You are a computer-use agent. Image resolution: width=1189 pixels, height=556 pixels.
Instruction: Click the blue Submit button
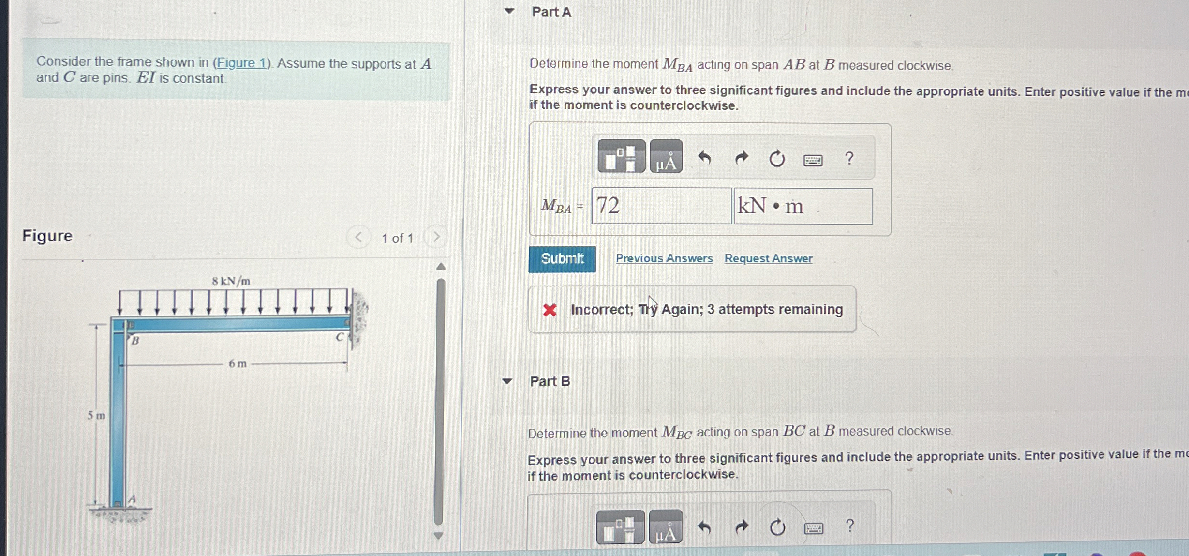[x=562, y=259]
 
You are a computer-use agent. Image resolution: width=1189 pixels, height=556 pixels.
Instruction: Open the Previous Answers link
[x=664, y=258]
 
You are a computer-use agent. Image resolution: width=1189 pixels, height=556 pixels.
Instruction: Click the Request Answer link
[x=768, y=258]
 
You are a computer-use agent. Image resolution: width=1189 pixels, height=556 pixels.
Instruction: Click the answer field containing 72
[x=661, y=206]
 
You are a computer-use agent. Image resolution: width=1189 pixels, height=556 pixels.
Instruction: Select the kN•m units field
[x=803, y=206]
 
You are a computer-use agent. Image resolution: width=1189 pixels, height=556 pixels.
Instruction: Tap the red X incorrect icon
[x=550, y=310]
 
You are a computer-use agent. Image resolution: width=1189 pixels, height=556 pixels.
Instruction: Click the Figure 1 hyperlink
[x=241, y=63]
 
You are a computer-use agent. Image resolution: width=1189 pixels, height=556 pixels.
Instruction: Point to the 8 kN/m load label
[x=231, y=281]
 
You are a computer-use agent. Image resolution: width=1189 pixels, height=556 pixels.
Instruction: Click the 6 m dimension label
[x=238, y=364]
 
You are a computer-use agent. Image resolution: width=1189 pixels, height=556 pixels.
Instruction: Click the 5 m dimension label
[x=96, y=416]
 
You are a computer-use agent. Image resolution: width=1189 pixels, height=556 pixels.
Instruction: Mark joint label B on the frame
[x=135, y=341]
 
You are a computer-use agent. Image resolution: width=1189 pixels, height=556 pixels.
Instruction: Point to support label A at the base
[x=132, y=499]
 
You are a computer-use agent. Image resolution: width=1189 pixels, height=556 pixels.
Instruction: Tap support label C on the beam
[x=341, y=337]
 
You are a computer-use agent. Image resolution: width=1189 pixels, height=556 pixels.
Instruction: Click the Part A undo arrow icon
[x=704, y=158]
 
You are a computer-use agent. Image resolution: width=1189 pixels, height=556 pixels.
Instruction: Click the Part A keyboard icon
[x=813, y=160]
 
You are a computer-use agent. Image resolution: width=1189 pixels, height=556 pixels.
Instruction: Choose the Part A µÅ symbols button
[x=666, y=157]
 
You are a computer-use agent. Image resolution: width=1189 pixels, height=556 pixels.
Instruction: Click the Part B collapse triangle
[x=507, y=381]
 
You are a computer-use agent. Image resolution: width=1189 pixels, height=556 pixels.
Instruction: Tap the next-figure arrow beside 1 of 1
[x=436, y=237]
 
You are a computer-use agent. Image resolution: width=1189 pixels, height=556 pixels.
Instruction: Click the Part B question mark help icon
[x=849, y=526]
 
